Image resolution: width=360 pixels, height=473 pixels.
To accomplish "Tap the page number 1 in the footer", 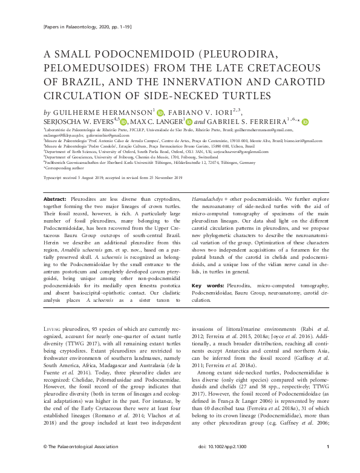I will (x=327, y=463).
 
